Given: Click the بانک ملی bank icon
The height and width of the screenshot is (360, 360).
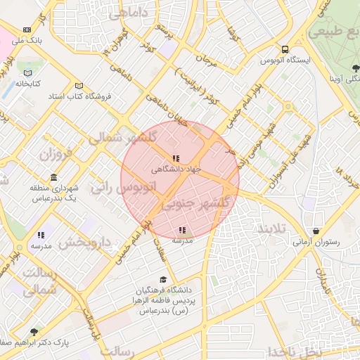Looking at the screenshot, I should point(27,30).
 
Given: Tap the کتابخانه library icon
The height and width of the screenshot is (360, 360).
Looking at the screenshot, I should point(28,72).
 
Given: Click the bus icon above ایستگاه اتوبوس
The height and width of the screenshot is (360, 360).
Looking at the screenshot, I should point(285,49).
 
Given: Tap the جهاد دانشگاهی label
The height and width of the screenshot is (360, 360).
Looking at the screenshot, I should point(176,169).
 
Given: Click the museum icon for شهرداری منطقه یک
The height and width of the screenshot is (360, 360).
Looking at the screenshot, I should point(53,177).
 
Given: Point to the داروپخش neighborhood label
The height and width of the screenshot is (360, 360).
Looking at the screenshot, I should point(85,243).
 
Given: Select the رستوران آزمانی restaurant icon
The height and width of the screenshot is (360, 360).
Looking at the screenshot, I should point(316,231).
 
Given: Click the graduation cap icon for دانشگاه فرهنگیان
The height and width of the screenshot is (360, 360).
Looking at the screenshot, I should point(164,279).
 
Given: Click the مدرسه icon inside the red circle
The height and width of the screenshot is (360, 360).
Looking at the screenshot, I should point(182,230).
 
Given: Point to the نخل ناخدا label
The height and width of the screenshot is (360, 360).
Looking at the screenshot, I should point(316,351).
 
